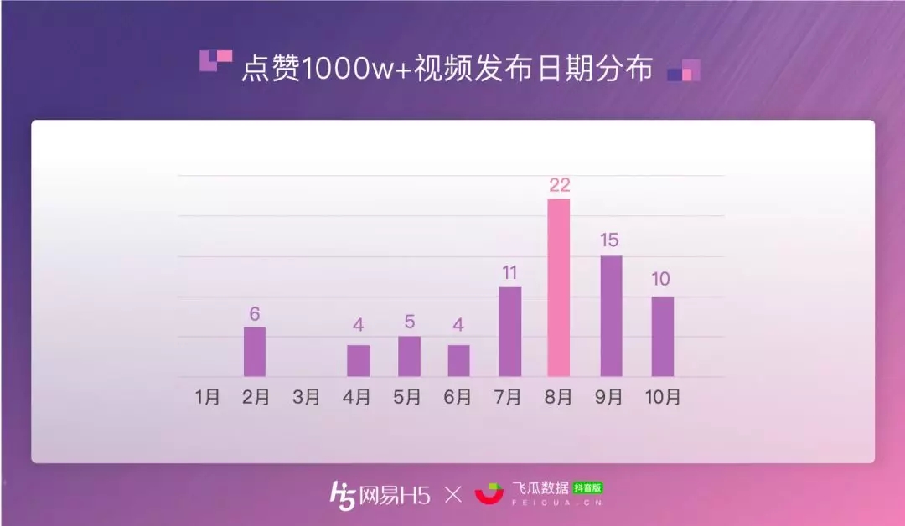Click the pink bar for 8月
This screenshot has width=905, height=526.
pos(558,288)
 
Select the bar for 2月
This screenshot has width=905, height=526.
pos(255,352)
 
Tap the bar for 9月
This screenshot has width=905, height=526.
pos(611,316)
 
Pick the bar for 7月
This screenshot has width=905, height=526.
pos(509,332)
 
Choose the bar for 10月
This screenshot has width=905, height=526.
pos(662,336)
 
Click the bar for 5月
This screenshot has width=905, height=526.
pos(409,356)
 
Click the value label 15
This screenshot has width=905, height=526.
pos(609,241)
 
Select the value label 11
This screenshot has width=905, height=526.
pos(509,273)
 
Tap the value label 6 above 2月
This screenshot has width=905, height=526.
pos(255,314)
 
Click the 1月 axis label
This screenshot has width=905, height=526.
pos(208,397)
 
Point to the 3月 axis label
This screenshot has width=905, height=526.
pos(307,397)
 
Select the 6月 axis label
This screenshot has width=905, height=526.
pos(458,397)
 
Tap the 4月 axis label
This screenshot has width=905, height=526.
pos(357,397)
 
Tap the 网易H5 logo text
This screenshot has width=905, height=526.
pos(394,495)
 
